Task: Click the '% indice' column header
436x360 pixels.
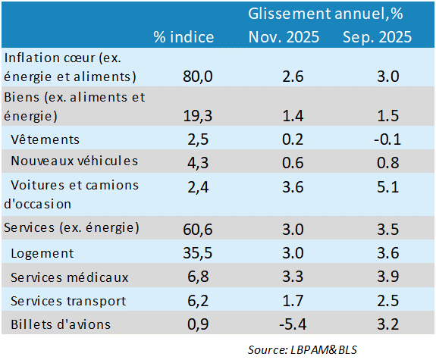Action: pyautogui.click(x=183, y=37)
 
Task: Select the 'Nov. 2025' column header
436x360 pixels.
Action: pyautogui.click(x=284, y=37)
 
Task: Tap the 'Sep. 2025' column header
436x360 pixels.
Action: pyautogui.click(x=377, y=37)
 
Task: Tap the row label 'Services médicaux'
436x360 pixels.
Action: pyautogui.click(x=70, y=277)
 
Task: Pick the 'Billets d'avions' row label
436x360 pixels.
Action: pyautogui.click(x=61, y=324)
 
